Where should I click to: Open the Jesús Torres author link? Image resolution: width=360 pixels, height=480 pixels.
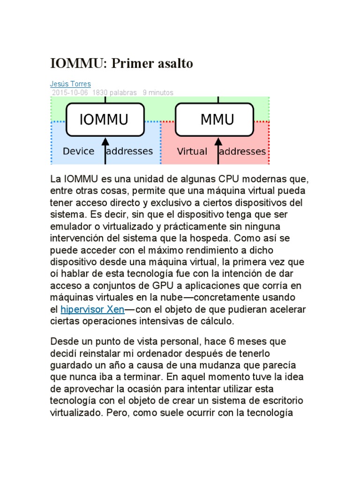click(70, 84)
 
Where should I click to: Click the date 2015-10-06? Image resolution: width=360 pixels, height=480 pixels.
click(70, 92)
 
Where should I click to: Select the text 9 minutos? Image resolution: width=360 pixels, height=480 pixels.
click(158, 92)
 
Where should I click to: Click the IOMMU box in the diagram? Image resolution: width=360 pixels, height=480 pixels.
click(105, 120)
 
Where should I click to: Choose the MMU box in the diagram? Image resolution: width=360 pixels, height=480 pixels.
click(217, 120)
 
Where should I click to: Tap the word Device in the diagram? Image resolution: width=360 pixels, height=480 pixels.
click(78, 151)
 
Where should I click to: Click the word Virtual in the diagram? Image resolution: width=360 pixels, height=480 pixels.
click(192, 151)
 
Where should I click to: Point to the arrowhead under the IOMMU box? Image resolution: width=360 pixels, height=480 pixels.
click(105, 142)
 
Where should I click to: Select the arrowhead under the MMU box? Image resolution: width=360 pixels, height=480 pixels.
click(217, 142)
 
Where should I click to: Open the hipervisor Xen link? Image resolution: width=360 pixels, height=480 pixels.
click(92, 309)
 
